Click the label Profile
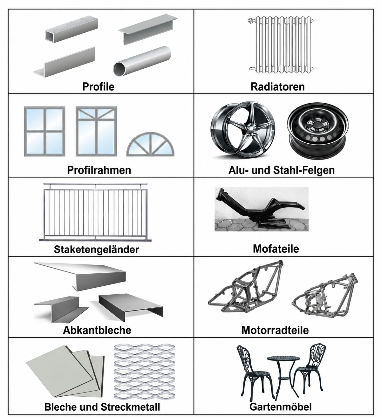coord(98,86)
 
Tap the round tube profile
coord(142,61)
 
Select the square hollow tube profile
coord(71,29)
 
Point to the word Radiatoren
coord(278,86)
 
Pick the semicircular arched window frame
coord(150,144)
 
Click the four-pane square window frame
coord(45,131)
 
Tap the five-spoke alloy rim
coord(243,130)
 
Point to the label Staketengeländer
coord(97,249)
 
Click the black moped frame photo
coord(262,209)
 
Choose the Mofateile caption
coord(276,249)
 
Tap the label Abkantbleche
coord(97,330)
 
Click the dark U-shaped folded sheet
coord(131,305)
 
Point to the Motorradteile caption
coord(275,330)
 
